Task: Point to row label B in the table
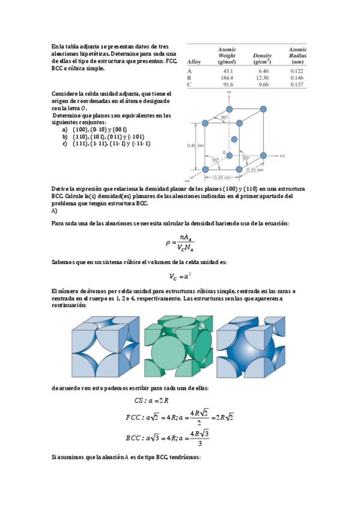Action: point(189,78)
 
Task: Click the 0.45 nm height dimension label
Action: point(194,145)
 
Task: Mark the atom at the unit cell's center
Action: point(234,139)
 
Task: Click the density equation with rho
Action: point(180,243)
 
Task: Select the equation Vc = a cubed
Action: point(180,277)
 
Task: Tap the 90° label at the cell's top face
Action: point(225,117)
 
